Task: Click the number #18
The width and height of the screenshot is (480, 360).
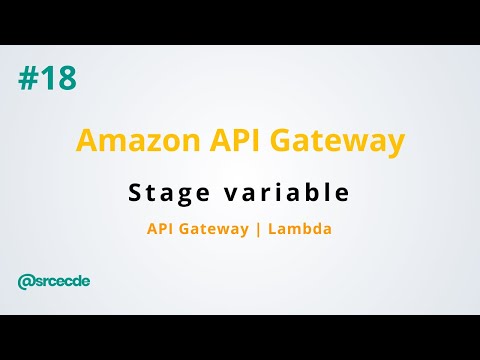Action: coord(47,78)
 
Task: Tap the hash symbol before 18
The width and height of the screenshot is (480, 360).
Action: coord(26,78)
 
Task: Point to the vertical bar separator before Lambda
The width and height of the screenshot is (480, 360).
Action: coord(257,229)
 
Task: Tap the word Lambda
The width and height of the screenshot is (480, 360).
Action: coord(298,229)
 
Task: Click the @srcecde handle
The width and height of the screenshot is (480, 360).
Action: coord(54,281)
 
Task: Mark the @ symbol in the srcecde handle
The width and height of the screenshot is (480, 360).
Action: coord(25,281)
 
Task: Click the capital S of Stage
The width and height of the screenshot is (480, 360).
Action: coord(135,191)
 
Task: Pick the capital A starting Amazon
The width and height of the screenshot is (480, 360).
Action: coord(86,140)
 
